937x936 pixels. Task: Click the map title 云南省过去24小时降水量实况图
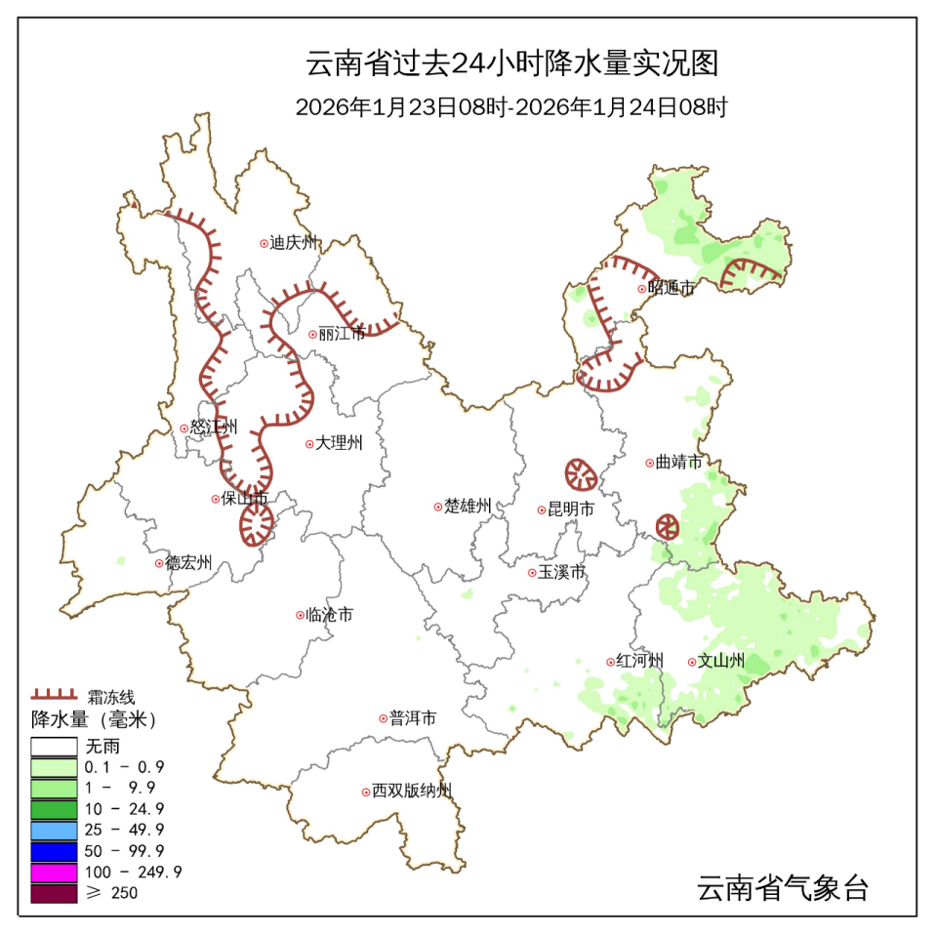tap(512, 64)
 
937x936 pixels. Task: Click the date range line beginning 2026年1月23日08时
tap(511, 107)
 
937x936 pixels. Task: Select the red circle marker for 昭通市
tap(641, 288)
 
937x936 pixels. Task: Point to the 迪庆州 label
tap(294, 243)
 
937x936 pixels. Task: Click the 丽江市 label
tap(343, 334)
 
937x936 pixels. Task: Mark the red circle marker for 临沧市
tap(300, 615)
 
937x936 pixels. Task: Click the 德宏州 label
tap(188, 563)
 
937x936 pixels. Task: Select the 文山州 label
tap(721, 661)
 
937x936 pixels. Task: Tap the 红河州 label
tap(639, 661)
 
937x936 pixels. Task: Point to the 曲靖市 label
tap(678, 463)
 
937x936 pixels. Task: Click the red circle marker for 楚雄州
tap(438, 507)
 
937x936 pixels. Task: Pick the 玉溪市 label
tap(562, 572)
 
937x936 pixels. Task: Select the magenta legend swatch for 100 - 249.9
tap(54, 872)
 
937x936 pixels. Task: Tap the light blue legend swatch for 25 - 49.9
tap(54, 830)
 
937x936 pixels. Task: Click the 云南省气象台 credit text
tap(782, 889)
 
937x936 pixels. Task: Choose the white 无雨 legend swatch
tap(54, 746)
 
